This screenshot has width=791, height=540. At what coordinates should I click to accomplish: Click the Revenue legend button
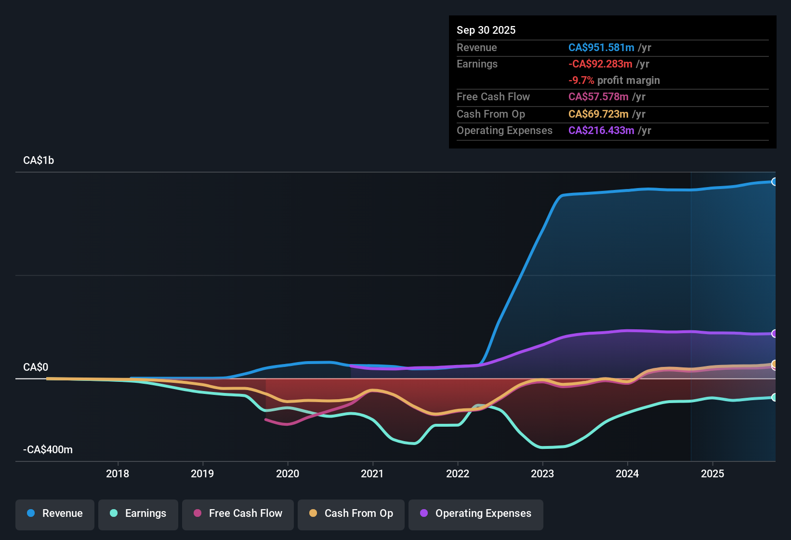click(x=55, y=514)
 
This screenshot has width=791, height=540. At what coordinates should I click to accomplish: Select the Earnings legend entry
click(x=138, y=514)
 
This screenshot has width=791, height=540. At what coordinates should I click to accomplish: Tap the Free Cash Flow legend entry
click(x=238, y=514)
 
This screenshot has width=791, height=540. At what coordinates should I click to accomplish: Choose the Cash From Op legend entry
click(x=351, y=514)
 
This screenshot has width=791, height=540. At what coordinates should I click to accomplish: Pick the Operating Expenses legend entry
click(x=476, y=514)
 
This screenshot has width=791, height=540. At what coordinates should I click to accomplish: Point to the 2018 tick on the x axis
click(x=118, y=473)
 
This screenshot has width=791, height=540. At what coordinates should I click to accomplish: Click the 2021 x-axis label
click(x=372, y=473)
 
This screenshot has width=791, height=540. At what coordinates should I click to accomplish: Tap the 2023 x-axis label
click(x=542, y=473)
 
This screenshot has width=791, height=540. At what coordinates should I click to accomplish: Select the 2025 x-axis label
click(x=712, y=473)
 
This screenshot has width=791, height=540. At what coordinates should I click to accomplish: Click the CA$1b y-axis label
click(x=39, y=161)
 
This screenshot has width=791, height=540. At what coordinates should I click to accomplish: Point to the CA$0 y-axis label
click(x=36, y=367)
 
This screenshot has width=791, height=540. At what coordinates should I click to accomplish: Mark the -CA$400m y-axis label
click(x=48, y=450)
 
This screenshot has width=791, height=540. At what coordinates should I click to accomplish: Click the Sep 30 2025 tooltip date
click(x=486, y=30)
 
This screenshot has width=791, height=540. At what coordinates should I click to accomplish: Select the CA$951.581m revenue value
click(x=601, y=48)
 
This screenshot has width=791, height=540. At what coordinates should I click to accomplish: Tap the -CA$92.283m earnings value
click(x=600, y=64)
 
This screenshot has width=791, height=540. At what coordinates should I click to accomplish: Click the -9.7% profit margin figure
click(x=581, y=81)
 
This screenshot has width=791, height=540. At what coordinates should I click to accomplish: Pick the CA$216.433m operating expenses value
click(x=601, y=131)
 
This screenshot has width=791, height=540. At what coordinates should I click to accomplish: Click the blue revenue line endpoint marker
click(x=774, y=182)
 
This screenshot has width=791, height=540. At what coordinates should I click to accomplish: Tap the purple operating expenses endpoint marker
click(x=774, y=334)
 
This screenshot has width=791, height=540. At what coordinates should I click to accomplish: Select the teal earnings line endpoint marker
click(x=774, y=397)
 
